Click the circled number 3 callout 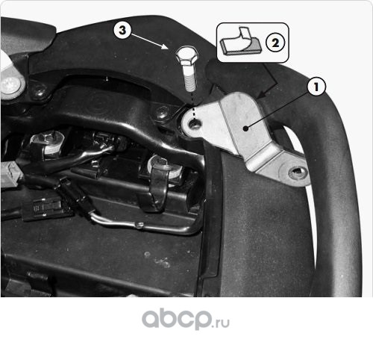122,30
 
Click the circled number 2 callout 275,43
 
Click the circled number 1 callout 316,87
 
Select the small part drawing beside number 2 240,41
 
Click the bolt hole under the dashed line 195,124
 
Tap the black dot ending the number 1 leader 245,128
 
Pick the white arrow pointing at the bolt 148,41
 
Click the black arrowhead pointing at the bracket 261,95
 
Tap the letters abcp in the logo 176,319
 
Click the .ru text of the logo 221,323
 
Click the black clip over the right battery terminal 158,185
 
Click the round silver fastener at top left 10,85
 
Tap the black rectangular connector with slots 48,208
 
